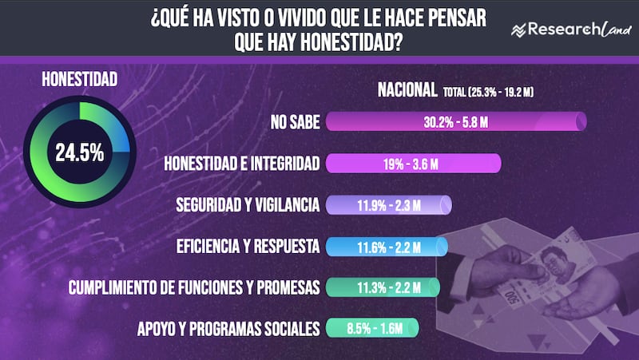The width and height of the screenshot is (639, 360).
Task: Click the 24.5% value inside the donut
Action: [79, 152]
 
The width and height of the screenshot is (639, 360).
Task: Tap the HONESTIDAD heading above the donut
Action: [79, 79]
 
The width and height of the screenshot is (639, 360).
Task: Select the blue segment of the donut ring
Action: [122, 136]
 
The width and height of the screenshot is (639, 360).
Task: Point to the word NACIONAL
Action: [407, 91]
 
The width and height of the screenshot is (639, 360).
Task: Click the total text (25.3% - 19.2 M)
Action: [488, 93]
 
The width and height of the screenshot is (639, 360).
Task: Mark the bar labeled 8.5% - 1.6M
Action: [372, 328]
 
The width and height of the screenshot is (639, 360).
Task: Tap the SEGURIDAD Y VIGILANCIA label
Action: [248, 205]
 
